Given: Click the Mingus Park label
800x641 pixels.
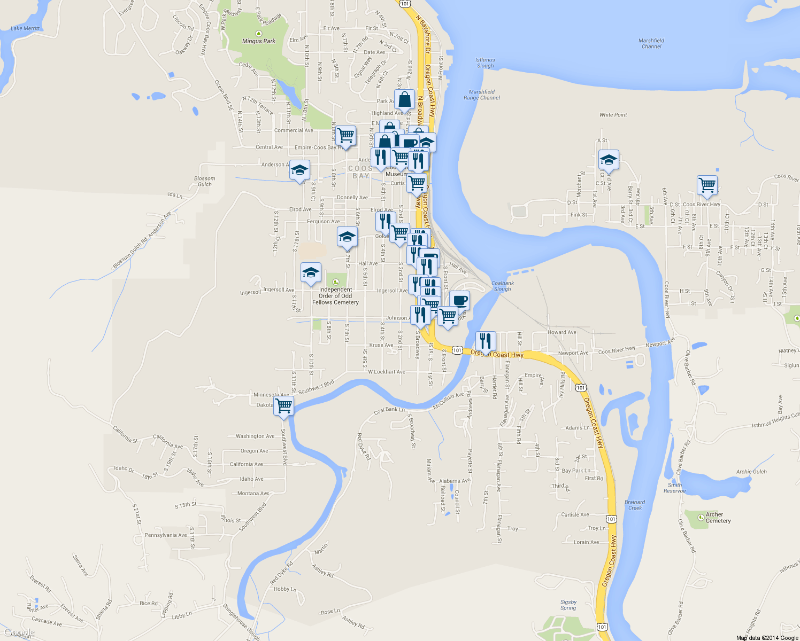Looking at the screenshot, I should pyautogui.click(x=259, y=41).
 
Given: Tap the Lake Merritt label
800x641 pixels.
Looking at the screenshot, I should pyautogui.click(x=25, y=28).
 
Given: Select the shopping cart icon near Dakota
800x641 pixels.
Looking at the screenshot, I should pyautogui.click(x=283, y=405).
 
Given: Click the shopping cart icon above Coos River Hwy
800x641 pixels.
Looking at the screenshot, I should pyautogui.click(x=707, y=185).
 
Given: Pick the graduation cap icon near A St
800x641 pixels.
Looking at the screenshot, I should pyautogui.click(x=608, y=159).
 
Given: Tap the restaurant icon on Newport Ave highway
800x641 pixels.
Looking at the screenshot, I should pyautogui.click(x=485, y=340).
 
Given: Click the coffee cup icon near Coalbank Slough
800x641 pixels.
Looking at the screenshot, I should pyautogui.click(x=459, y=300).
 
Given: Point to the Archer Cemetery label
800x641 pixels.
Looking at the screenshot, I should pyautogui.click(x=718, y=518).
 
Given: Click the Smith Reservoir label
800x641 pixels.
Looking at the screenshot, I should pyautogui.click(x=675, y=488).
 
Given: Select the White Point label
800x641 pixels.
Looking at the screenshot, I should pyautogui.click(x=613, y=115).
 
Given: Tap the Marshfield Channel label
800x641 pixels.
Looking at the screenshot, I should pyautogui.click(x=651, y=43).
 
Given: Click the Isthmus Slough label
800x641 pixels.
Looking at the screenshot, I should pyautogui.click(x=485, y=63).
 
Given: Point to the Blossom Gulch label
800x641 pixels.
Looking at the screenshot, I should pyautogui.click(x=205, y=182).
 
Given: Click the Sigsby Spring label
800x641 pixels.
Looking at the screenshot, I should pyautogui.click(x=568, y=605).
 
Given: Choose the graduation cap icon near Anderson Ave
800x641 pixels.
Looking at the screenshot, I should pyautogui.click(x=299, y=170).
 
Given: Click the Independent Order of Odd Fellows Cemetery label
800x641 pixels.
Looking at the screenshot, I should pyautogui.click(x=335, y=296).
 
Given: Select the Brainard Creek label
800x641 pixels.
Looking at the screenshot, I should pyautogui.click(x=635, y=505).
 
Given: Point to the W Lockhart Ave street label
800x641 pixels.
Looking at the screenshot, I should pyautogui.click(x=387, y=372).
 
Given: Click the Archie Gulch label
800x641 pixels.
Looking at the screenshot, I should pyautogui.click(x=751, y=472).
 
